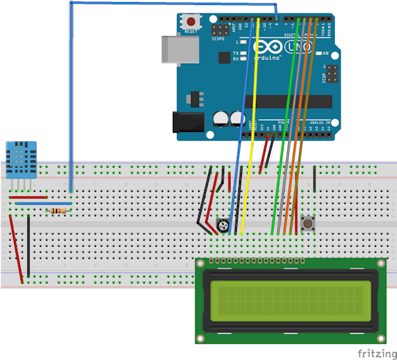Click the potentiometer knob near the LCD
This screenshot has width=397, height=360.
(224, 227)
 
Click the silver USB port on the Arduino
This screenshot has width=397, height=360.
(173, 49)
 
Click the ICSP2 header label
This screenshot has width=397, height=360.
(219, 39)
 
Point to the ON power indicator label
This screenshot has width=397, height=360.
(325, 54)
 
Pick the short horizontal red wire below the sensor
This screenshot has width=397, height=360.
(28, 198)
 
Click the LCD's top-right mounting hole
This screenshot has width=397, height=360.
(381, 263)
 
